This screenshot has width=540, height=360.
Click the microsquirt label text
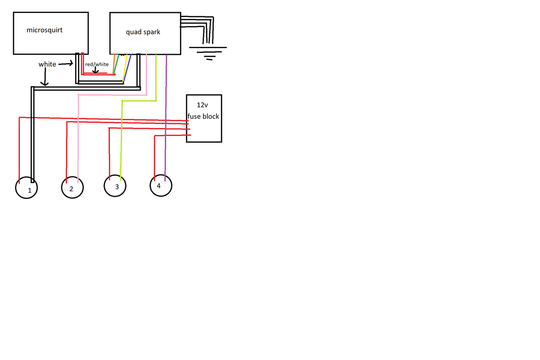point(45,31)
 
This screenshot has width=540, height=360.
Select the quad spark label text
point(143,32)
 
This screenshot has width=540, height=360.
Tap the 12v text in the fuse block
point(203,105)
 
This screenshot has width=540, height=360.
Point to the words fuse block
point(203,116)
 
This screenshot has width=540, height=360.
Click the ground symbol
point(208,52)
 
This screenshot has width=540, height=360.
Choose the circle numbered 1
point(27,189)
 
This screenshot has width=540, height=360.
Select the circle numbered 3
point(115,186)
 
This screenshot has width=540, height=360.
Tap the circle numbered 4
point(160,185)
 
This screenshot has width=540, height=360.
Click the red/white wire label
point(97,64)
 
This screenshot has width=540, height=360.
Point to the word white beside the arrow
point(47,64)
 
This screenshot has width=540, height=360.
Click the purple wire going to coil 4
point(166,135)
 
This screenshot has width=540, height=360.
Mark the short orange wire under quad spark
point(114,63)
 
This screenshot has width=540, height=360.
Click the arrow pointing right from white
point(66,64)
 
